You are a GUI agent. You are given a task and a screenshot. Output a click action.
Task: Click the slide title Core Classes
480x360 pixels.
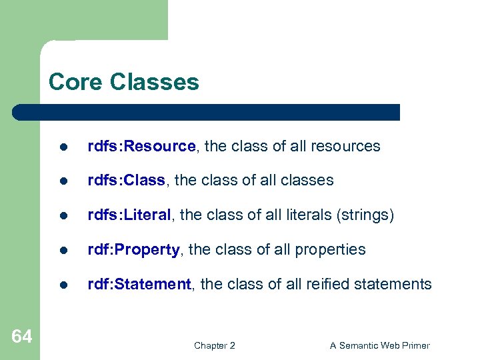point(123,82)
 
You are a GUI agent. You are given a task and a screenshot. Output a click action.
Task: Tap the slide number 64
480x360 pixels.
point(21,337)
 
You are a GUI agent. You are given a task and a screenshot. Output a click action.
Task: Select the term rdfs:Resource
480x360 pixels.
point(142,146)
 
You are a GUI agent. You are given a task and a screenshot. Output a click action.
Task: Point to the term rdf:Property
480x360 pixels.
point(133,250)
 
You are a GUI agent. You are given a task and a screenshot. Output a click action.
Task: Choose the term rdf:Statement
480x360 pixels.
point(139,285)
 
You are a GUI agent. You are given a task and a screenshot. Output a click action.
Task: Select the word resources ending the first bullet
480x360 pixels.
point(346,146)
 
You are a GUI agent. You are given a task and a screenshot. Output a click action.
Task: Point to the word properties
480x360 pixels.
point(331,250)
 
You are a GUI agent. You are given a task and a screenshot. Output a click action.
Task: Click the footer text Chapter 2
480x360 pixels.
point(214,345)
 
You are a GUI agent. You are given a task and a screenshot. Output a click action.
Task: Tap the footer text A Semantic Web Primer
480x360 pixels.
point(380,345)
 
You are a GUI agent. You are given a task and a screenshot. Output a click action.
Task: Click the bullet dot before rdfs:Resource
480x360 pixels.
point(62,147)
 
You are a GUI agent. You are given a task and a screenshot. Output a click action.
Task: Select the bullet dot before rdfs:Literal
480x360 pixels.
point(62,216)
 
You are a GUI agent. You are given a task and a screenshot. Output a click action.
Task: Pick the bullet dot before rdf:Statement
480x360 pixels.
point(62,285)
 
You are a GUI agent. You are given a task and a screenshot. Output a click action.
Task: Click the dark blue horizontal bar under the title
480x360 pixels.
point(207,112)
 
